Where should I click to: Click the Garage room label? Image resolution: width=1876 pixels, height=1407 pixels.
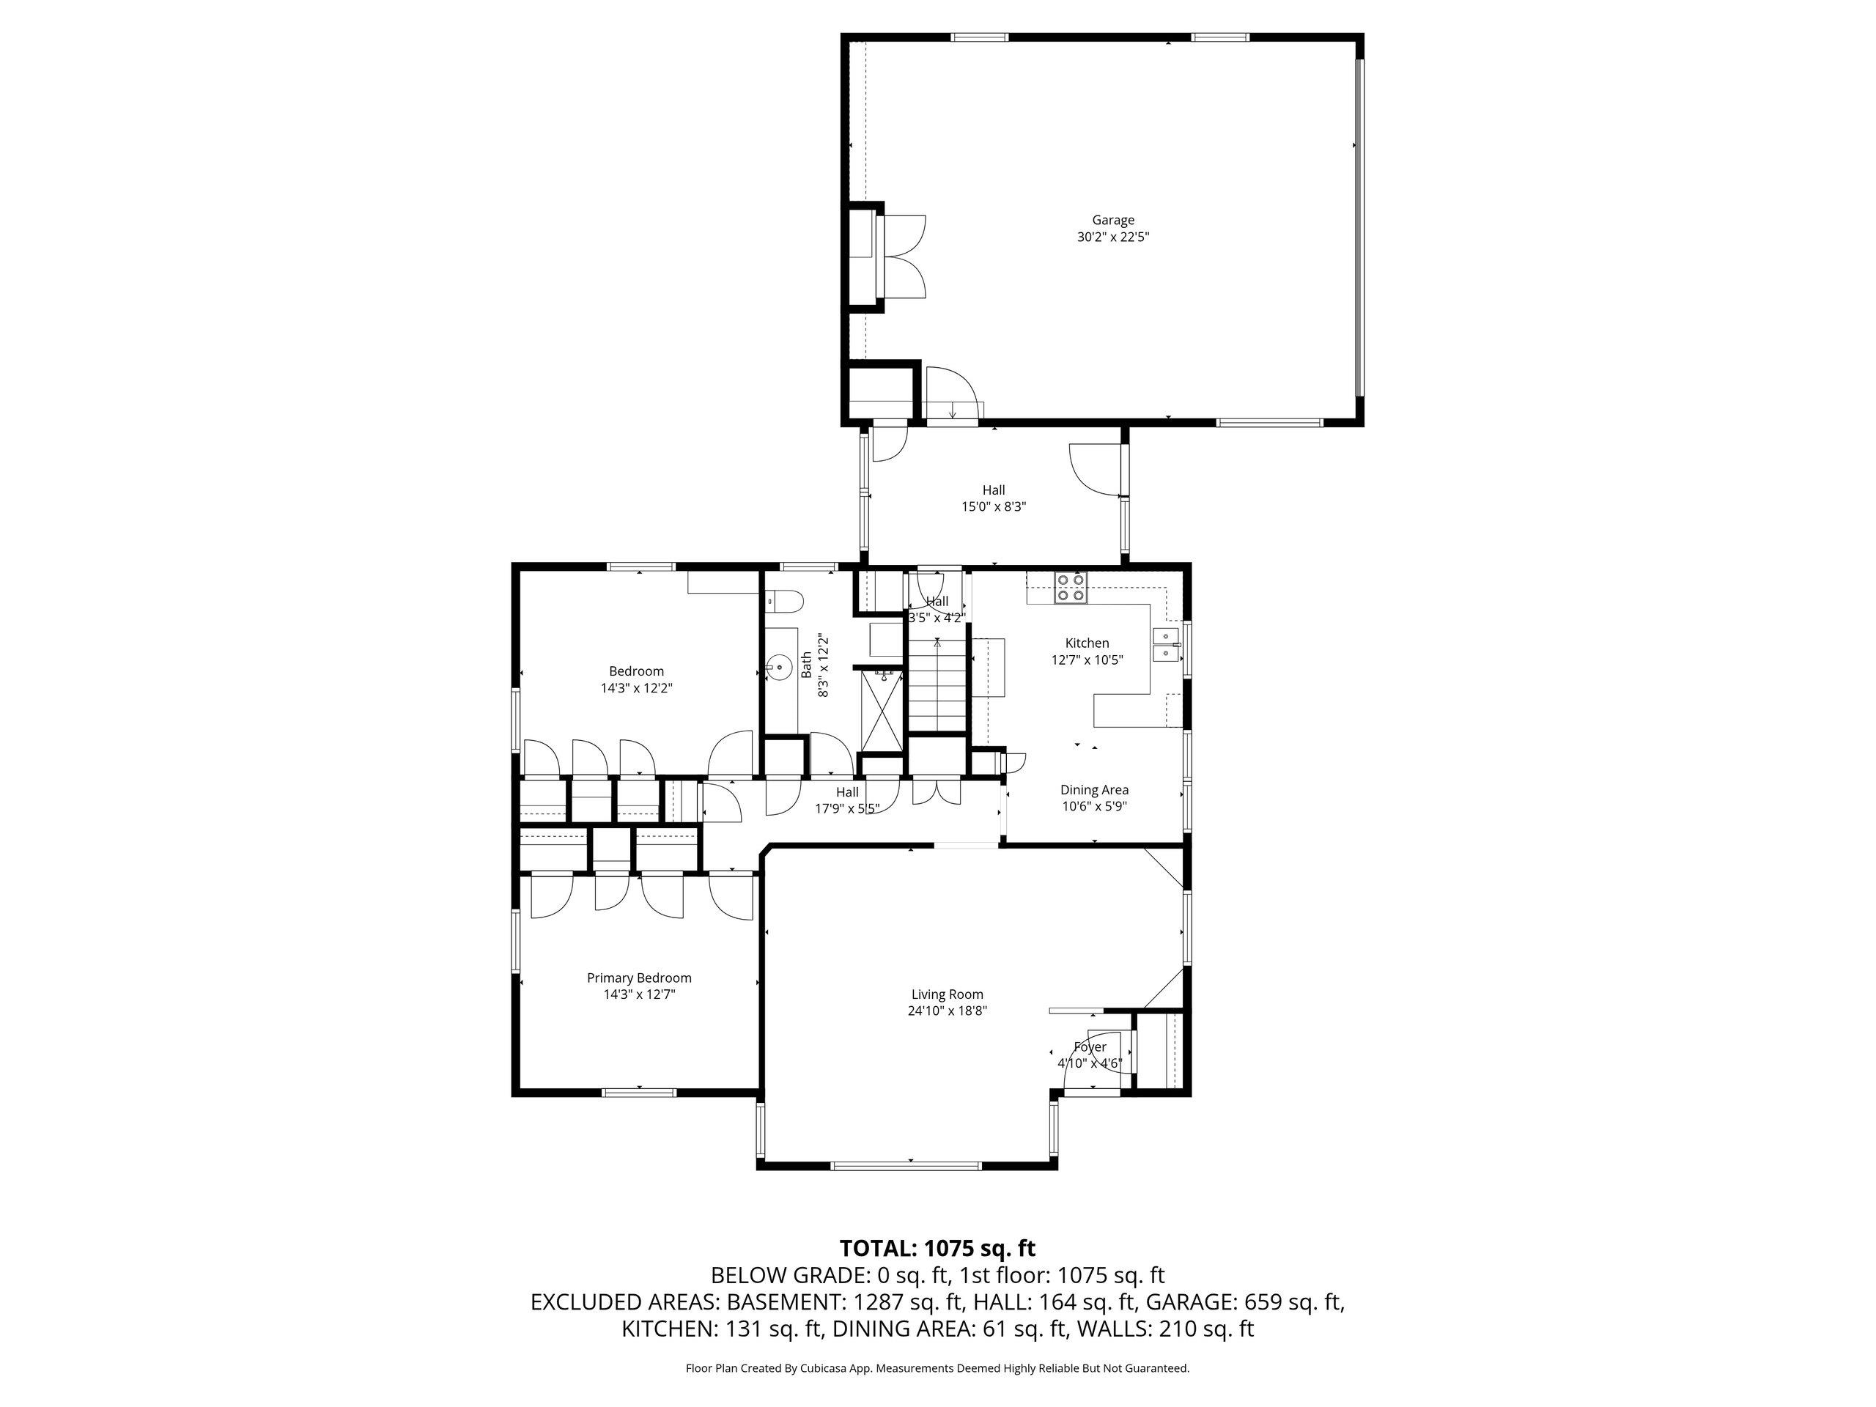coord(1112,221)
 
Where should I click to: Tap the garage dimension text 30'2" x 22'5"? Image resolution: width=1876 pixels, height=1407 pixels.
coord(1112,237)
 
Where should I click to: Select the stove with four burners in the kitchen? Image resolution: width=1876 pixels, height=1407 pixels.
coord(1071,588)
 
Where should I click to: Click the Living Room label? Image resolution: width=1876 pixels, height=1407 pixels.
coord(947,994)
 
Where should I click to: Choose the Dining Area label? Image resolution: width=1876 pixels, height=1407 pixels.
coord(1093,789)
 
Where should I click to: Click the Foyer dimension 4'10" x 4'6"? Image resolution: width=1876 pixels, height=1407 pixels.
coord(1089,1063)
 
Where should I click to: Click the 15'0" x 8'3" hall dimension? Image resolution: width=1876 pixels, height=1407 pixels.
coord(993,506)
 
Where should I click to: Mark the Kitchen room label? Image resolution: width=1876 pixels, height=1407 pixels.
coord(1087,643)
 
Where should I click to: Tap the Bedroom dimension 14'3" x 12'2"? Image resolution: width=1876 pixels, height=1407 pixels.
coord(636,689)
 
